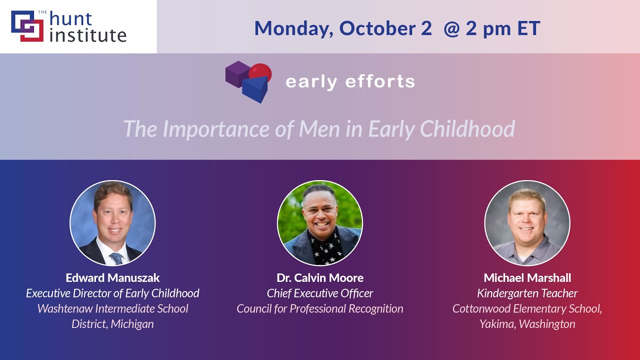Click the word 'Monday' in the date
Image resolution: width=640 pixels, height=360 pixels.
coord(293,28)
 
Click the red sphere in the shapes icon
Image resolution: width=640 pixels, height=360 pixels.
coord(260,72)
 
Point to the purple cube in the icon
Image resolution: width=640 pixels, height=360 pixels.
coord(237,73)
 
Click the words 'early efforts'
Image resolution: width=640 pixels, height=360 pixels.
coord(350,81)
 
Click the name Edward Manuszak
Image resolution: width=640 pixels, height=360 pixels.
coord(112,277)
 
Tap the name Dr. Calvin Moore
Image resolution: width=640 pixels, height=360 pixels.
coord(320,277)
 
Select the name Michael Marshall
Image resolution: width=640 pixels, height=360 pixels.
coord(527,277)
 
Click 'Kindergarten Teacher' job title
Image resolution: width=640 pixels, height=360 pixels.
coord(527,293)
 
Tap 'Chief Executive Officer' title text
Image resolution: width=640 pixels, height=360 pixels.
coord(320,293)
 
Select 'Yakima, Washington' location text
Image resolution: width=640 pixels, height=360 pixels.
coord(527,324)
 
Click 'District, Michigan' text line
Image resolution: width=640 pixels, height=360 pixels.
coord(112,324)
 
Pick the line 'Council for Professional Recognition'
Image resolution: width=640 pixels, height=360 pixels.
coord(320,308)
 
